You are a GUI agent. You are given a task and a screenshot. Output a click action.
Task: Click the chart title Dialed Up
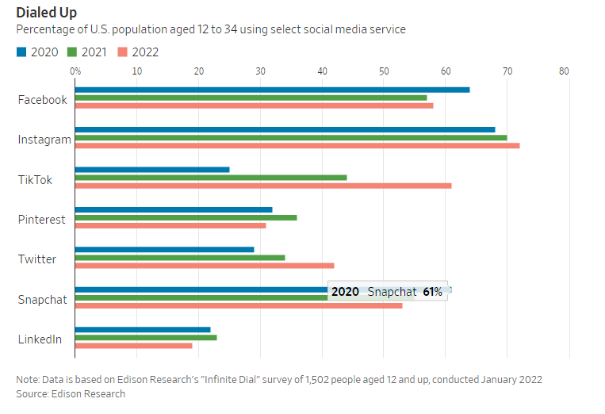tap(46, 12)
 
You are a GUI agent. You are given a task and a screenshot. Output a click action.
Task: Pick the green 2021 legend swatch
tap(71, 52)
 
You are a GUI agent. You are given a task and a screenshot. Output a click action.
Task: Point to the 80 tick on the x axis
tap(564, 71)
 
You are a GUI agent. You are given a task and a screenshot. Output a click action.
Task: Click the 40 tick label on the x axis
tap(322, 71)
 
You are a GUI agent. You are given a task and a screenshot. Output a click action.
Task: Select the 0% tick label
tap(75, 71)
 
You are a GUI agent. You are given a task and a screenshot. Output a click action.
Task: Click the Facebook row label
tap(43, 100)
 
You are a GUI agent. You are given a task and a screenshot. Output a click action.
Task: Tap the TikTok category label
tap(35, 180)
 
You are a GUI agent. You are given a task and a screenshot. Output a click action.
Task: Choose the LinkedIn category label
tap(40, 339)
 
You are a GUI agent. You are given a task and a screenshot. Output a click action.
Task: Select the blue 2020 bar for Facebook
tap(272, 90)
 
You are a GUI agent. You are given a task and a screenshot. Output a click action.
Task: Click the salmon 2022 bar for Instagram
tap(297, 146)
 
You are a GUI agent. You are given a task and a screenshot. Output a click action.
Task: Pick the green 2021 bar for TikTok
tap(211, 177)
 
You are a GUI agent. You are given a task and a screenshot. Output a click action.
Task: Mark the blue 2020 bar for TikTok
tap(152, 169)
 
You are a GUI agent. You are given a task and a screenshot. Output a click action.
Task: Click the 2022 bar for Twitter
tap(205, 266)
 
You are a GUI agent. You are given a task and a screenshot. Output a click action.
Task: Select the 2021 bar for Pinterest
tap(186, 217)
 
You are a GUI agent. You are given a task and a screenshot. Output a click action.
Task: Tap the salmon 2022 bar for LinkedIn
tap(133, 346)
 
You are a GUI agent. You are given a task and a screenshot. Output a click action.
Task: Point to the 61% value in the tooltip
tap(432, 292)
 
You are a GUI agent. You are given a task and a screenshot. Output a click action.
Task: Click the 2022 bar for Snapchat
tap(238, 305)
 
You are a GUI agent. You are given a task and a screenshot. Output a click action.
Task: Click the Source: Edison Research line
tap(71, 393)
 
